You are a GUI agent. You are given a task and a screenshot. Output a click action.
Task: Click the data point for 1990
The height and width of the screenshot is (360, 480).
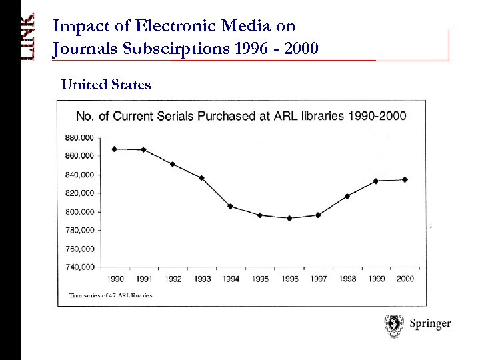pos(115,149)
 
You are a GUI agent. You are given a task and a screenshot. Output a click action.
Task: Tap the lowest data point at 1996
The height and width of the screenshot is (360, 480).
pos(289,218)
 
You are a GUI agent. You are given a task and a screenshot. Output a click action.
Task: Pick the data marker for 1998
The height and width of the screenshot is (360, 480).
pos(347,196)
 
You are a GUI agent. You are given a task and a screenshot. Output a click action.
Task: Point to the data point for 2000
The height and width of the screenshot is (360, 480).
pos(405,179)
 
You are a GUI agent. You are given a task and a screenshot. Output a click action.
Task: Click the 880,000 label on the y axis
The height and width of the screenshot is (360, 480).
pos(80,138)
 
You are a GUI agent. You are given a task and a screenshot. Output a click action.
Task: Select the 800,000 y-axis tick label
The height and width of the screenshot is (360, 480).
pos(80,211)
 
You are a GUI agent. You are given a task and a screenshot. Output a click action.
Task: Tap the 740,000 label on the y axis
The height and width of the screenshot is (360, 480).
pos(80,267)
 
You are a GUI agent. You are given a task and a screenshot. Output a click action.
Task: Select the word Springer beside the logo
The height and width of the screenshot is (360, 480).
pos(429,324)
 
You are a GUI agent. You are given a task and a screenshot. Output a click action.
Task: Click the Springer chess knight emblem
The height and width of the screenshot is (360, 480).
pos(393,325)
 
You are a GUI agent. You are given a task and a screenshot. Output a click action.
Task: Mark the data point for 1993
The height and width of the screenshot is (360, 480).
pos(201,177)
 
